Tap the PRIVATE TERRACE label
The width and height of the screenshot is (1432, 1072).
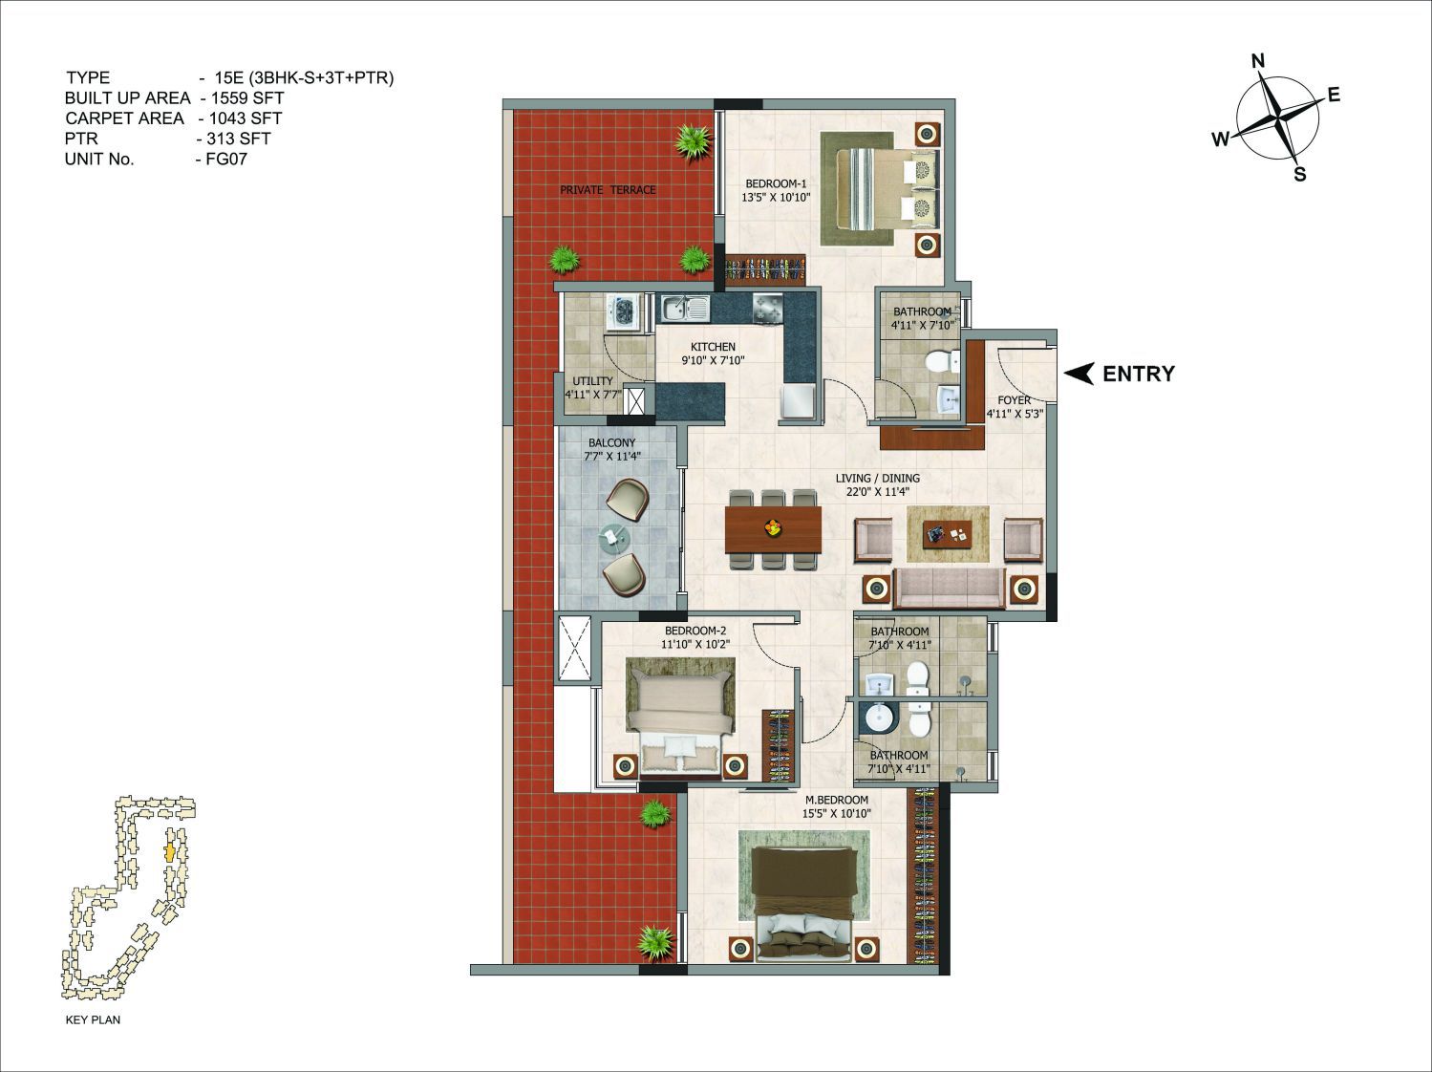click(608, 190)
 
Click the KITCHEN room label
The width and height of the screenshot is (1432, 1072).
click(713, 347)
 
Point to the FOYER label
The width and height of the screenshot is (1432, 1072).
click(1014, 400)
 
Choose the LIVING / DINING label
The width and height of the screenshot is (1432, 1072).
click(878, 479)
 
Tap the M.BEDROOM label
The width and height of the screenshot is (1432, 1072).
click(836, 800)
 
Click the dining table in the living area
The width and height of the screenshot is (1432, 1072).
click(773, 530)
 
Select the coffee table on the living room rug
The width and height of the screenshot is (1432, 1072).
click(948, 534)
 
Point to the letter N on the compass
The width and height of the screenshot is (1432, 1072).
click(1258, 61)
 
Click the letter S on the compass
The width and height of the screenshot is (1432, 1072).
click(1300, 174)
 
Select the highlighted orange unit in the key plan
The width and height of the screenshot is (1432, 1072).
click(170, 853)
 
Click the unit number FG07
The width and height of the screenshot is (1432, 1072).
click(226, 160)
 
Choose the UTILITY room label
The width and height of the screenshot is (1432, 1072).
click(593, 381)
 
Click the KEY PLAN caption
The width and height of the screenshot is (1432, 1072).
click(93, 1019)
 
